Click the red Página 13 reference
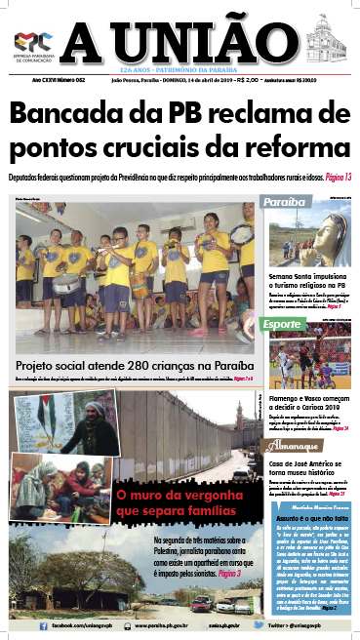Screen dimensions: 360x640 coord(334,179)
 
